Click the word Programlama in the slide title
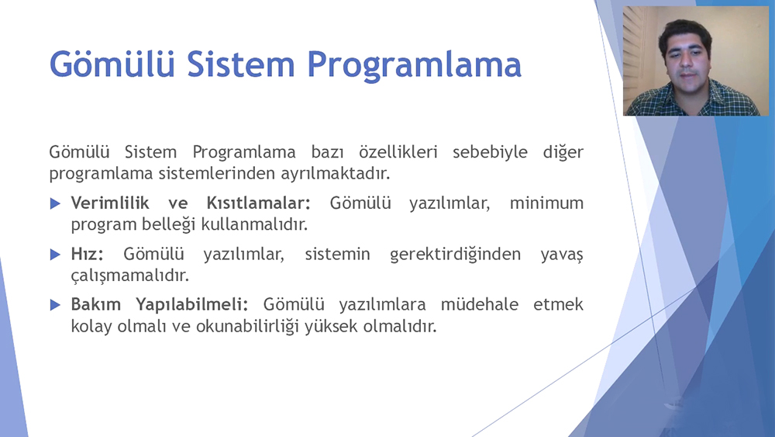click(414, 65)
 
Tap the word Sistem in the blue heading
click(241, 64)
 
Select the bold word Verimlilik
click(110, 203)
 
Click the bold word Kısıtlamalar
click(258, 203)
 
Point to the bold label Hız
click(87, 254)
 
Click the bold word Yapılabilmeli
click(191, 305)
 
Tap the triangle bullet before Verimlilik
click(55, 203)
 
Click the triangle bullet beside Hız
click(55, 255)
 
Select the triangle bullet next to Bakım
click(55, 305)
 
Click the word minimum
click(546, 203)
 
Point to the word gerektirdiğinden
click(455, 255)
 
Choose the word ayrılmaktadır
click(336, 174)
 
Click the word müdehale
click(480, 304)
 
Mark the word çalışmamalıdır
click(130, 276)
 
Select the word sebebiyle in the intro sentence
click(490, 152)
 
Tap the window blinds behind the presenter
click(634, 54)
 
